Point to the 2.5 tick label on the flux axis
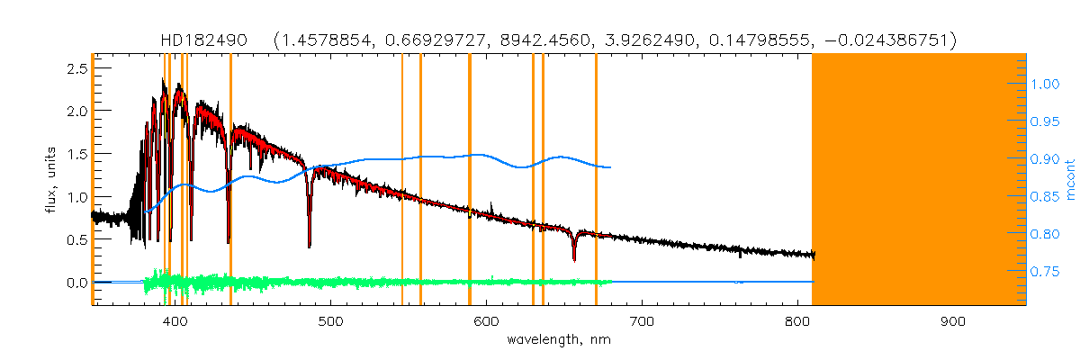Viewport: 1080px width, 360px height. (x=76, y=68)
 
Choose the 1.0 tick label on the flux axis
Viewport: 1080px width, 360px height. (x=76, y=197)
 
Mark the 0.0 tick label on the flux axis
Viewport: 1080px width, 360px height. (x=76, y=283)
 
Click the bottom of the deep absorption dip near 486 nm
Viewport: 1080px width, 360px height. (x=310, y=245)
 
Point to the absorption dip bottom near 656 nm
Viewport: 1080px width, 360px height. (x=574, y=261)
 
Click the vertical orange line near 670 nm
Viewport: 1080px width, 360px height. (x=596, y=180)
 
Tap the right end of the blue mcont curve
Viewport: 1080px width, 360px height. (x=611, y=167)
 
